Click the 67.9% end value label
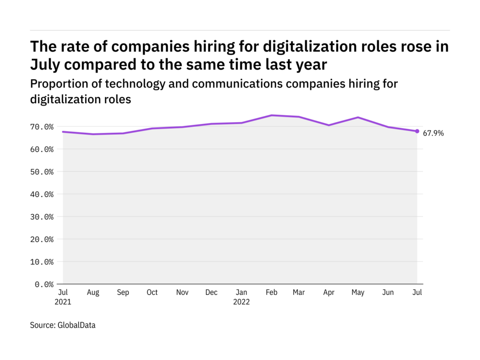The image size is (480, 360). click(433, 133)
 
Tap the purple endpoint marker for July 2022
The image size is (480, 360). click(417, 131)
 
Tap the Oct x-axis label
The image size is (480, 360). click(152, 292)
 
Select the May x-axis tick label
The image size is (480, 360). click(358, 292)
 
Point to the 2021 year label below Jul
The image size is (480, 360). click(63, 302)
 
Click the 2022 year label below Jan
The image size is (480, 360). click(241, 302)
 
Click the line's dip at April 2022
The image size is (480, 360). click(329, 125)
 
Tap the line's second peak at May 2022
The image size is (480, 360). click(358, 118)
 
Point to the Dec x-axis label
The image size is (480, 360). click(211, 292)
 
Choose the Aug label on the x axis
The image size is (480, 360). click(93, 292)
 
